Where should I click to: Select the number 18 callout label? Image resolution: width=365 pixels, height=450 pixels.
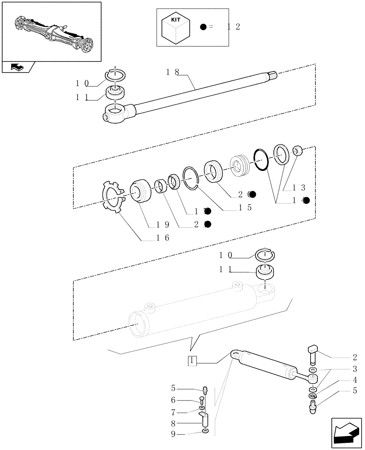point(172,72)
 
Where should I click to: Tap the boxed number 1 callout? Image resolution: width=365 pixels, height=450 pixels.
point(192,360)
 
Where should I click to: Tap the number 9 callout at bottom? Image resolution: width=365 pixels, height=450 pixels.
point(173,434)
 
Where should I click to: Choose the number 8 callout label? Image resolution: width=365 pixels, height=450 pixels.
point(173,423)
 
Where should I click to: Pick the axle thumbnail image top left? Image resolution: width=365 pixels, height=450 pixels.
point(51,30)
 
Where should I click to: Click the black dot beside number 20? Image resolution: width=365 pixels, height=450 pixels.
point(253,194)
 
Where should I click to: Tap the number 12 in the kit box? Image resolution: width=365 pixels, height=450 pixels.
point(234,27)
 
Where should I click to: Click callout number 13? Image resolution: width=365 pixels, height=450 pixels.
point(299,188)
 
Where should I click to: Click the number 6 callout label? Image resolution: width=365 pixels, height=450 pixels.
point(173,400)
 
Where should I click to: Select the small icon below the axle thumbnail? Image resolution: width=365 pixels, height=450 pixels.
point(18,67)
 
